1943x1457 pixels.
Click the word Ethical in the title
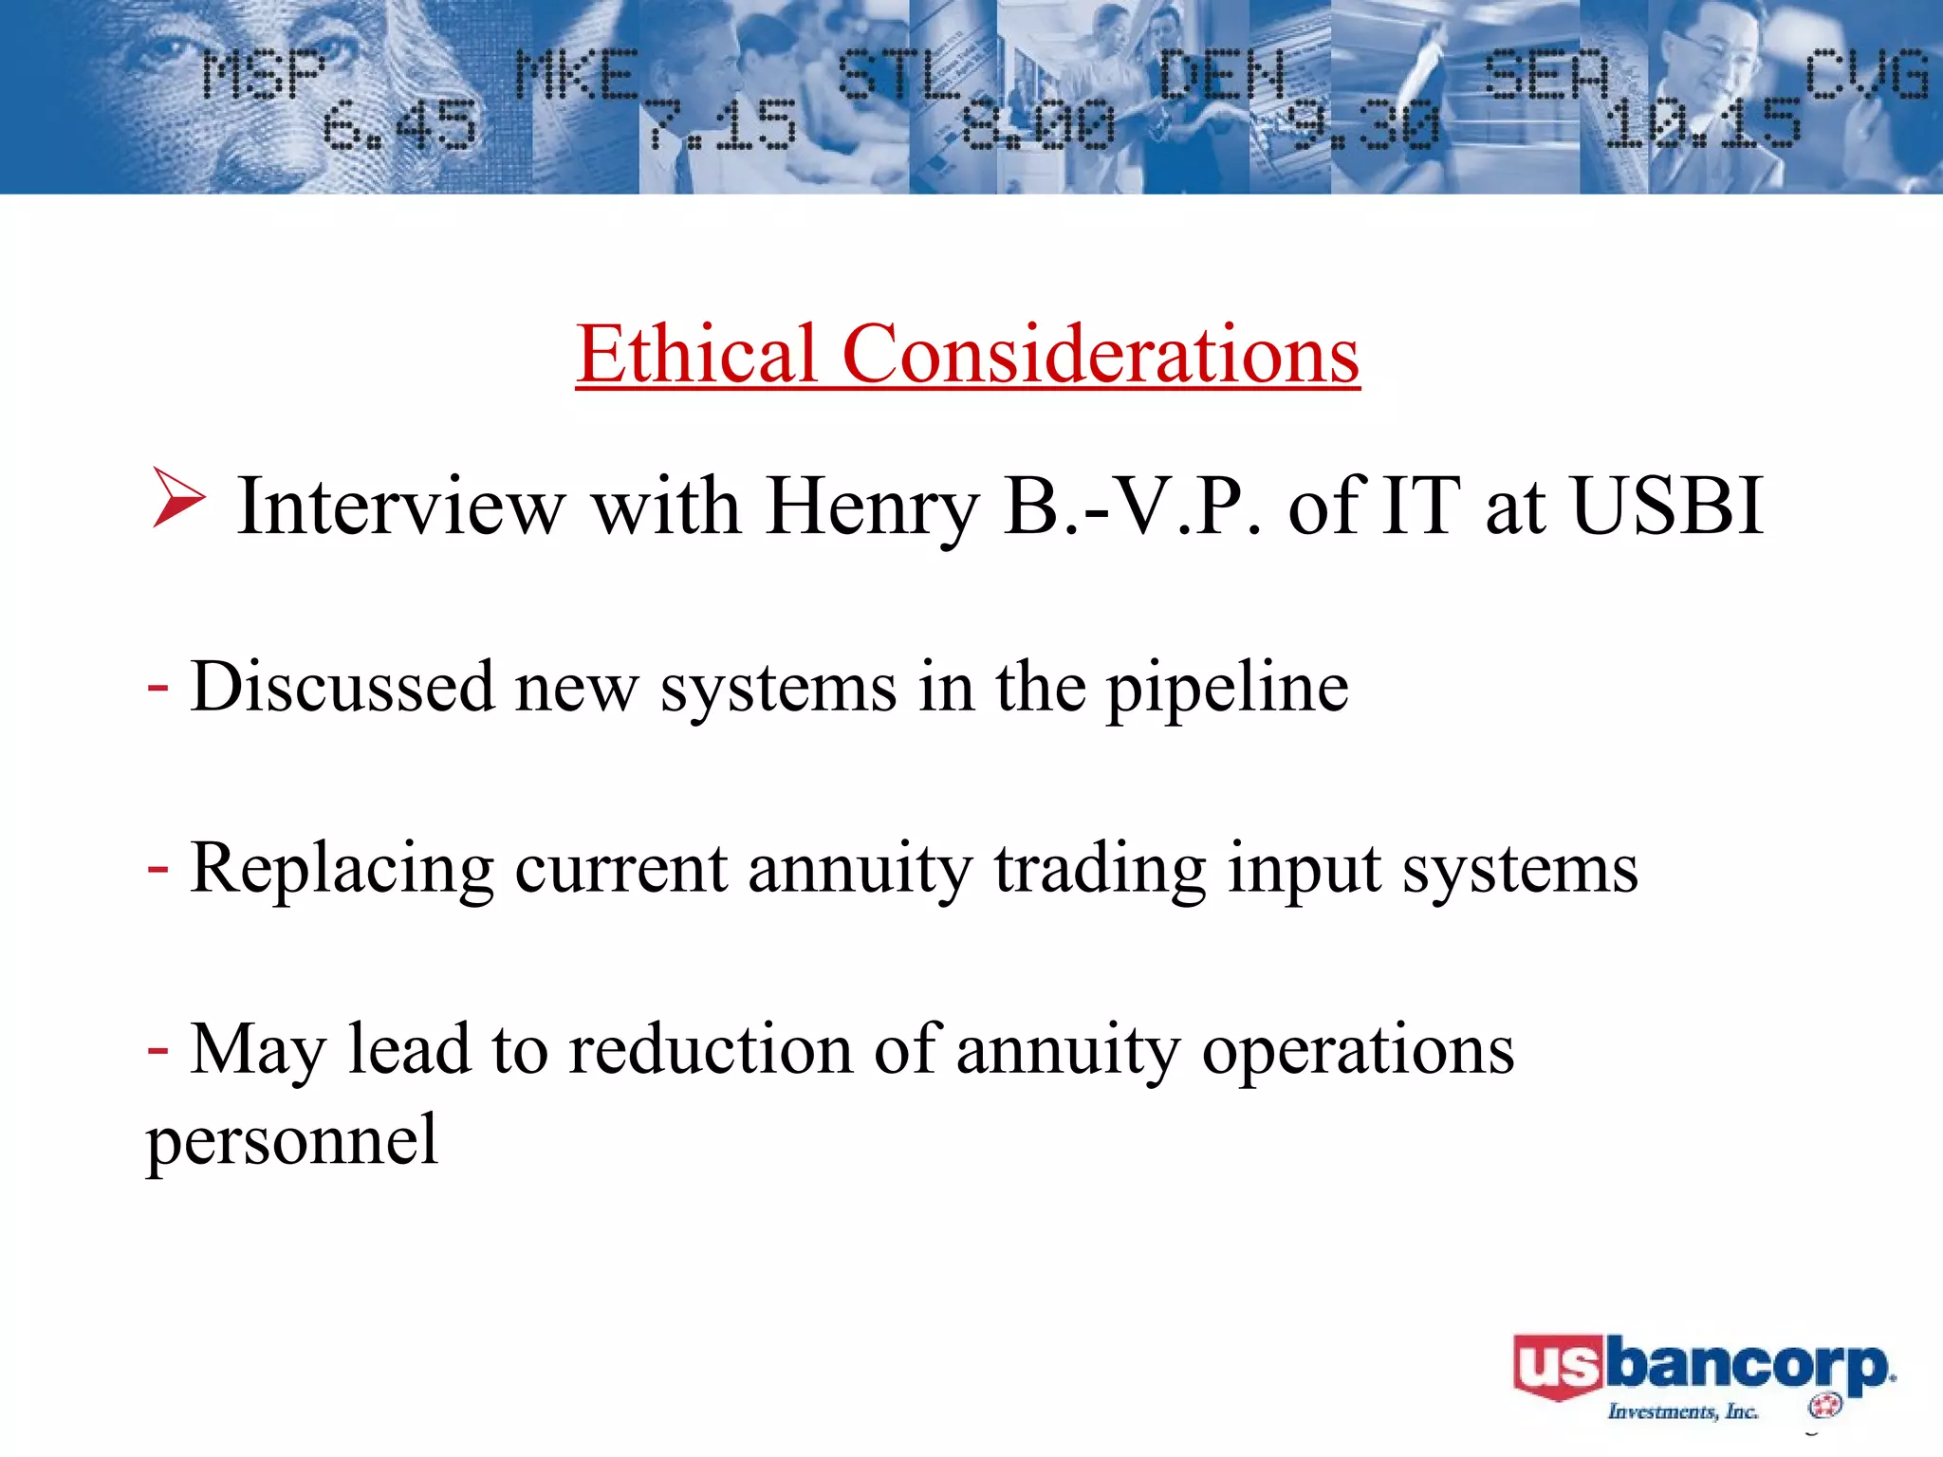click(695, 353)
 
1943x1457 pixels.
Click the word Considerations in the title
click(1101, 353)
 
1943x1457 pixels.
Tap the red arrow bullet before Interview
click(177, 498)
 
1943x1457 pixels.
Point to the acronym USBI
click(1667, 507)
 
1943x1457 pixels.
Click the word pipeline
click(1227, 688)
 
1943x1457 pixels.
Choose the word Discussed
click(342, 686)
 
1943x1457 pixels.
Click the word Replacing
click(342, 868)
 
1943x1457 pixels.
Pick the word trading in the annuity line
click(1100, 868)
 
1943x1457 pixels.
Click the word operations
click(1358, 1051)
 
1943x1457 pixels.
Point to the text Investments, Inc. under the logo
click(1682, 1411)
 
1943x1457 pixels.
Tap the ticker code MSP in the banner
click(264, 74)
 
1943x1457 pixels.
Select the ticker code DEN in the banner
click(1222, 74)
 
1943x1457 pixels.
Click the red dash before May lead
click(158, 1049)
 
